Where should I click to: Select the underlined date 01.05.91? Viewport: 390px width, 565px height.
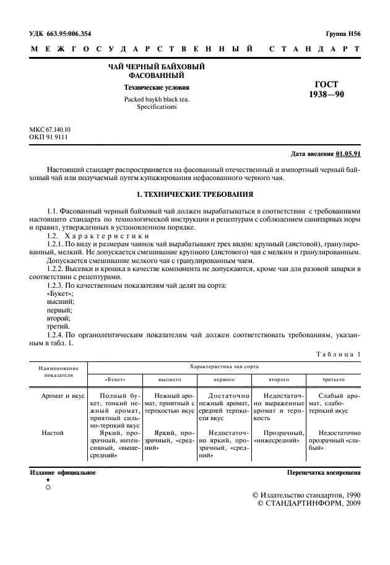pyautogui.click(x=349, y=153)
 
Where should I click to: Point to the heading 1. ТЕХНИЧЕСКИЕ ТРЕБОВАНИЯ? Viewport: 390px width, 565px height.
pyautogui.click(x=194, y=195)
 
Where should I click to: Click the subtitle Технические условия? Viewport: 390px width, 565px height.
pyautogui.click(x=157, y=88)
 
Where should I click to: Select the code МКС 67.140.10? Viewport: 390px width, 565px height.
pyautogui.click(x=50, y=129)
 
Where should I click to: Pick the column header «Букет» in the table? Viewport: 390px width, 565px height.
pyautogui.click(x=115, y=378)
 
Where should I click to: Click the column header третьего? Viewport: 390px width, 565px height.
pyautogui.click(x=334, y=378)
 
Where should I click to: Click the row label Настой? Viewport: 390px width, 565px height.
pyautogui.click(x=53, y=433)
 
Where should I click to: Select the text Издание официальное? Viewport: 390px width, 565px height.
pyautogui.click(x=63, y=472)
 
